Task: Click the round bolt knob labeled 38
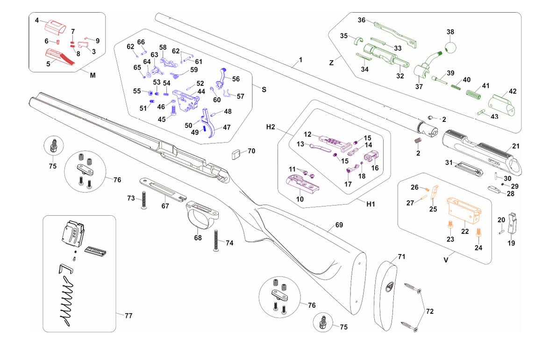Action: tap(450, 48)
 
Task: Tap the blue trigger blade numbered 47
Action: tap(209, 123)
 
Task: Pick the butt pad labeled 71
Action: tap(385, 292)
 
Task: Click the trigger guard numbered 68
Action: tap(202, 214)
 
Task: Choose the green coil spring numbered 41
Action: tap(473, 94)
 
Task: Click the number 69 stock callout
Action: tap(339, 225)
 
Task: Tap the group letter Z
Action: tap(331, 63)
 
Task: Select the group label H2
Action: tap(271, 127)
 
